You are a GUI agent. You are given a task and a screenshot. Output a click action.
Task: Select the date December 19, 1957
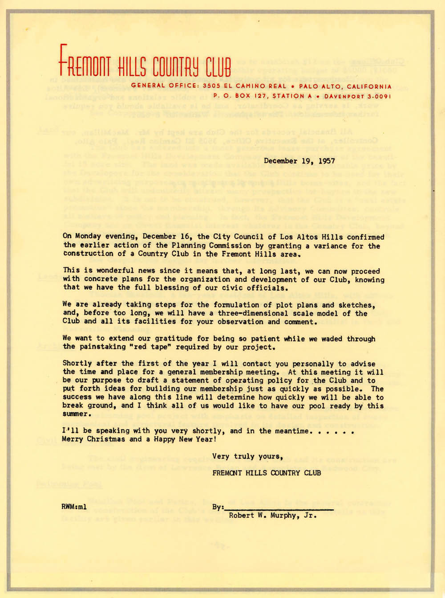click(x=299, y=161)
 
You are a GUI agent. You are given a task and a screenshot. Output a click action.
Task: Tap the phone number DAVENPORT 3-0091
click(x=357, y=96)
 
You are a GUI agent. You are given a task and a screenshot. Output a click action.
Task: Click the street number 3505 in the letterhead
click(x=211, y=86)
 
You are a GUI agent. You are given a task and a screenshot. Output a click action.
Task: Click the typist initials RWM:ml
click(x=74, y=507)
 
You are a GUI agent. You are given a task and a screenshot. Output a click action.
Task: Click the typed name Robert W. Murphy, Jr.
click(x=272, y=516)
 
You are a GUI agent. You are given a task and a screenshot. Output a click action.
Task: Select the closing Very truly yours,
click(x=247, y=456)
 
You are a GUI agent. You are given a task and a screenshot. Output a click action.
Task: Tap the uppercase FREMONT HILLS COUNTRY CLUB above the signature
click(x=266, y=473)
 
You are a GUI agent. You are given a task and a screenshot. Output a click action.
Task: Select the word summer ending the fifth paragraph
click(x=75, y=414)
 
